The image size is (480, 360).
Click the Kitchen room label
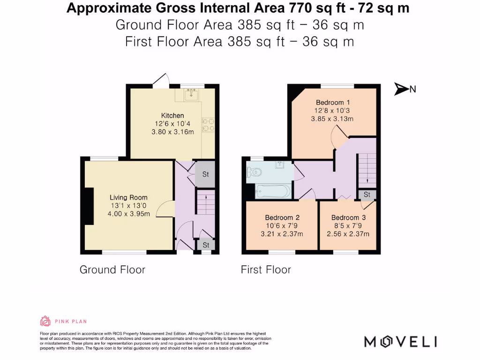point(172,116)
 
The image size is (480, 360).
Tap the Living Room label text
point(128,198)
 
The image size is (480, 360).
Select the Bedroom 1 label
point(332,103)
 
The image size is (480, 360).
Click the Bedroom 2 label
point(282,217)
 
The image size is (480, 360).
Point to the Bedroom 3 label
point(348,217)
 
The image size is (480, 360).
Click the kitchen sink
point(191,96)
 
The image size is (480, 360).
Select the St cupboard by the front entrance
point(206,245)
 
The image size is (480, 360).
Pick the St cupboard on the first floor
point(367,195)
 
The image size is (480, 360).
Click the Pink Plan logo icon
point(45,321)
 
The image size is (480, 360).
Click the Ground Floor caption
point(112,270)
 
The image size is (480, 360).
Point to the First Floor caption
point(266,270)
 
